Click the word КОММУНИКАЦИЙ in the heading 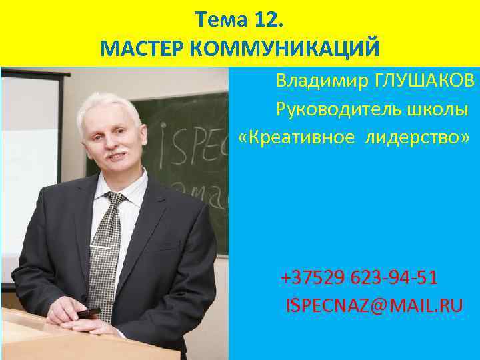(x=285, y=49)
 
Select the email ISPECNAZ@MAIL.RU (x=374, y=305)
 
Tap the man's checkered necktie (x=106, y=247)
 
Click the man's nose (x=111, y=143)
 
